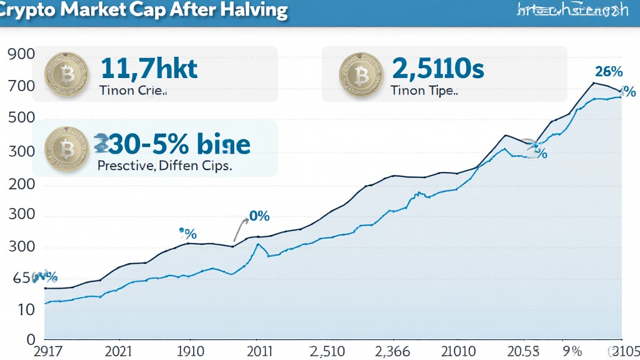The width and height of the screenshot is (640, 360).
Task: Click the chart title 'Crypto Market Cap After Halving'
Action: point(143,11)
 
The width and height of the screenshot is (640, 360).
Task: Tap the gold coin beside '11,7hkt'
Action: point(63,74)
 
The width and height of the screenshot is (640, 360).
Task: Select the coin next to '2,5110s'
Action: point(357,74)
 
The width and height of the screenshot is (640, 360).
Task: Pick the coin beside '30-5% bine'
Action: point(63,149)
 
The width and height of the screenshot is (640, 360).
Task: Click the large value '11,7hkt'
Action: point(148,68)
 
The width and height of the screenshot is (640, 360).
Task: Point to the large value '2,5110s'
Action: point(437,68)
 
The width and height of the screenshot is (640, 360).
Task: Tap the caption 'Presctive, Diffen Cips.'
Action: point(165,166)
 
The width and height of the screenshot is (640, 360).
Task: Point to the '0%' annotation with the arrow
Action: point(259,216)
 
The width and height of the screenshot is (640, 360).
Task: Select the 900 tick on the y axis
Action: point(22,54)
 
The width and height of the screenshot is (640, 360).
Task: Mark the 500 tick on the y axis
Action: point(22,119)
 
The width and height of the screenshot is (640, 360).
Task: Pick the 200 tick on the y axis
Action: point(22,185)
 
